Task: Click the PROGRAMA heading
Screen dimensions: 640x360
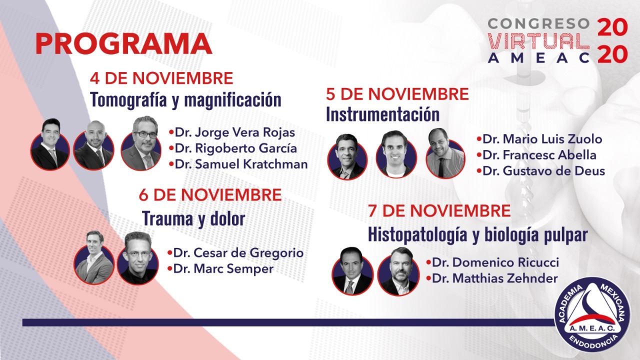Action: pyautogui.click(x=123, y=43)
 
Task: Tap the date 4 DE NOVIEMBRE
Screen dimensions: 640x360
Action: pyautogui.click(x=161, y=78)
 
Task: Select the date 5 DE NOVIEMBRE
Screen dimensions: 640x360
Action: pyautogui.click(x=397, y=94)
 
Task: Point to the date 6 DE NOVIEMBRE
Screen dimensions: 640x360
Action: pyautogui.click(x=210, y=195)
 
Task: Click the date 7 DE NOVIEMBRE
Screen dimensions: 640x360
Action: pyautogui.click(x=439, y=210)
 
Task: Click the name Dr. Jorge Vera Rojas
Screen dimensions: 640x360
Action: pyautogui.click(x=235, y=132)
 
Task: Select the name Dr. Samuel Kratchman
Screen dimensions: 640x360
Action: pyautogui.click(x=241, y=164)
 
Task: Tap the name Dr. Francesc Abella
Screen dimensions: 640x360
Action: pyautogui.click(x=539, y=155)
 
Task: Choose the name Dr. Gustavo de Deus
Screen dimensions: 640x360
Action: pyautogui.click(x=543, y=171)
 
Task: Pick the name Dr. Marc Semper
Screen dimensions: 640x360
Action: pyautogui.click(x=223, y=269)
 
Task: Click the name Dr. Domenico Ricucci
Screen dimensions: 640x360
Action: pyautogui.click(x=495, y=262)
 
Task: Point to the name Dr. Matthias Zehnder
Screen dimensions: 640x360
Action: pyautogui.click(x=495, y=278)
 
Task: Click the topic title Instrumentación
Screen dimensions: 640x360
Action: pyautogui.click(x=383, y=114)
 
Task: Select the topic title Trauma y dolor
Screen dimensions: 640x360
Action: pyautogui.click(x=193, y=219)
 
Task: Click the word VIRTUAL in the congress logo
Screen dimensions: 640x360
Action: pyautogui.click(x=538, y=41)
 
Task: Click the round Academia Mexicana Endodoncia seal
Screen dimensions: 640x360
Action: pyautogui.click(x=592, y=314)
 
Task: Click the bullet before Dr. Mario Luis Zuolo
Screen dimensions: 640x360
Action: pyautogui.click(x=479, y=139)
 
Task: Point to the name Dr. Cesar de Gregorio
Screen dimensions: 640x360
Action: pyautogui.click(x=238, y=253)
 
